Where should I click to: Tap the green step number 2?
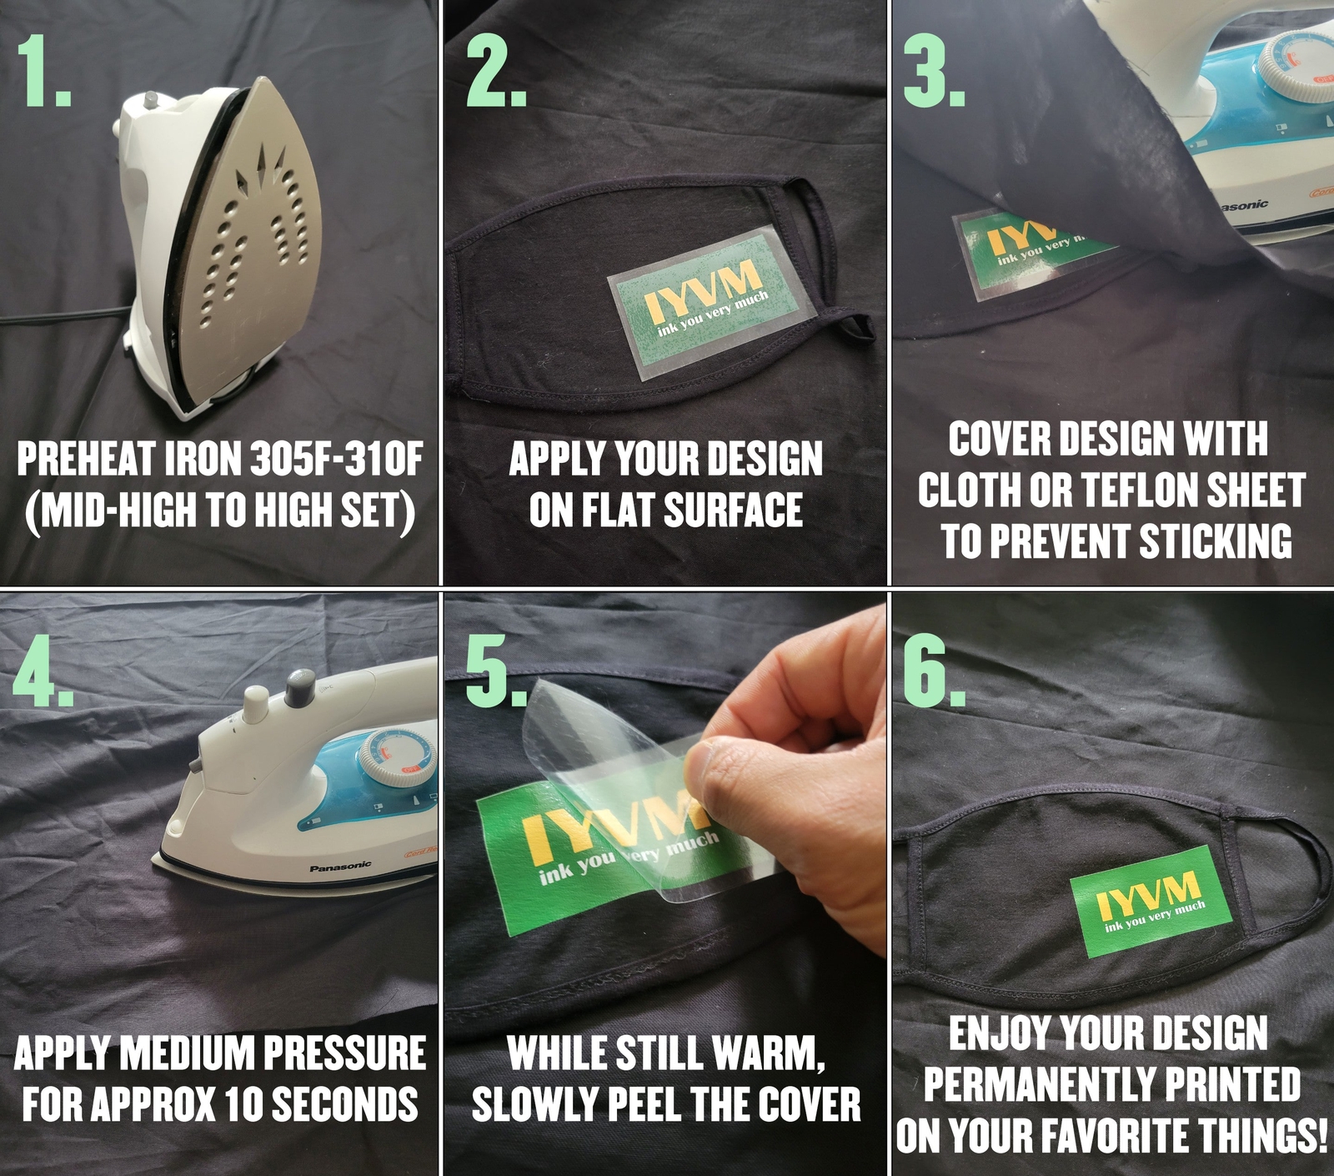pyautogui.click(x=496, y=72)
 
